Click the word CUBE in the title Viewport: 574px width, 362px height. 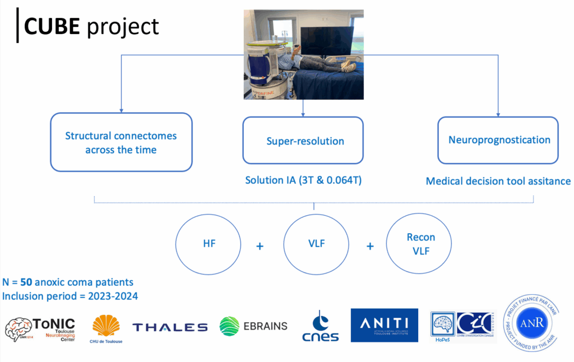click(52, 26)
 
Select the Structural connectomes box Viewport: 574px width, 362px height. click(121, 142)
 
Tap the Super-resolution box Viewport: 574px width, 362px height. click(303, 141)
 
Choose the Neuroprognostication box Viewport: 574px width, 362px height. click(498, 140)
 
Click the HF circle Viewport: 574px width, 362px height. click(209, 244)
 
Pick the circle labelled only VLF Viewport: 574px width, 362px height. click(316, 244)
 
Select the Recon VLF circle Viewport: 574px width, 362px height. click(421, 244)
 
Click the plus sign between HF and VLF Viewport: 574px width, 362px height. click(260, 245)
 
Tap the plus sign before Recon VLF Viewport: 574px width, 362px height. click(371, 245)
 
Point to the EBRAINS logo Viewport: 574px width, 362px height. click(253, 326)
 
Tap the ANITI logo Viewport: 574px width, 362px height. click(384, 325)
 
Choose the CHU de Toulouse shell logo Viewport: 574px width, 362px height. click(105, 327)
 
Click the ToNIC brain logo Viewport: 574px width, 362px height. click(40, 329)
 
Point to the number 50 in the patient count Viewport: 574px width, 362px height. click(26, 282)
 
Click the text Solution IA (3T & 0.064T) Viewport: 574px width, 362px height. click(303, 180)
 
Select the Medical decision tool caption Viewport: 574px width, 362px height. click(498, 181)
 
